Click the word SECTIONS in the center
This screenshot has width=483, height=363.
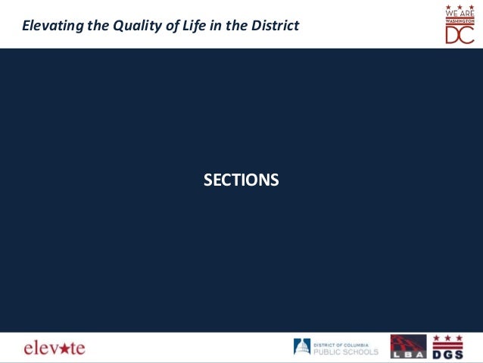[241, 180]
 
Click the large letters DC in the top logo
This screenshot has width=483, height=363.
[459, 35]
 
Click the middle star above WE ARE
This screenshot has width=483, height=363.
[460, 6]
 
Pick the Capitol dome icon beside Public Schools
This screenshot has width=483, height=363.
[301, 347]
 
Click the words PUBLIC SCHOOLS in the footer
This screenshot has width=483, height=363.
[346, 351]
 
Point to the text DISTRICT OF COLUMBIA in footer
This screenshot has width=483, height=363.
[341, 343]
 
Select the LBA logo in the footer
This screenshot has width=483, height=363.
[408, 346]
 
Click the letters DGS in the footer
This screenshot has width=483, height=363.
[447, 352]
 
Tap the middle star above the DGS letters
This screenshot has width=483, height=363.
[447, 338]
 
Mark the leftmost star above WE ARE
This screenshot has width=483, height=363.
[450, 6]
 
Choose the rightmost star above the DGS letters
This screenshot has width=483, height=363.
[457, 338]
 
